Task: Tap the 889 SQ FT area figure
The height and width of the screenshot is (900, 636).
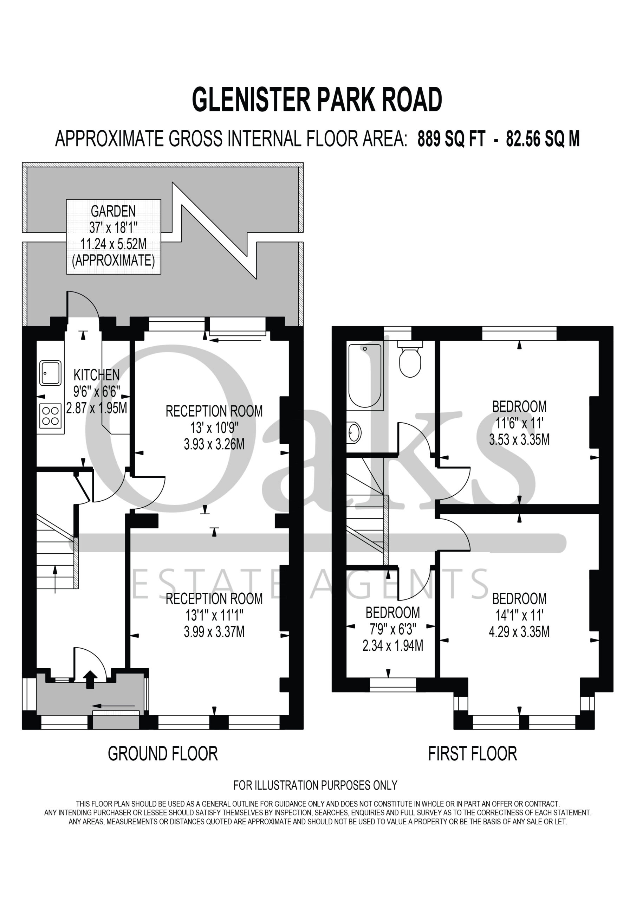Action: [452, 139]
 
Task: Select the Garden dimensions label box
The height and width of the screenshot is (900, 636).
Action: [113, 236]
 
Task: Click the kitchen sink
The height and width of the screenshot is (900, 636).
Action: [50, 373]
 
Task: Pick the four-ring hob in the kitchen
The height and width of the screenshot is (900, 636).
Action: [51, 416]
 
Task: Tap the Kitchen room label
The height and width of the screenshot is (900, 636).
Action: [96, 375]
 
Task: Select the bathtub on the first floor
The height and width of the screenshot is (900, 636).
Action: [365, 376]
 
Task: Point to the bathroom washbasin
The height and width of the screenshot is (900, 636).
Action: [354, 433]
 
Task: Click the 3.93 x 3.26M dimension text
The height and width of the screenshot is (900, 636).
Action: [214, 444]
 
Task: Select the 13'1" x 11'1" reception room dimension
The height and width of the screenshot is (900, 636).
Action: [214, 616]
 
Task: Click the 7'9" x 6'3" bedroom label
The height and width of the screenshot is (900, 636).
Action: [392, 629]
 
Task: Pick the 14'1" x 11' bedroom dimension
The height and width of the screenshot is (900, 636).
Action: [519, 616]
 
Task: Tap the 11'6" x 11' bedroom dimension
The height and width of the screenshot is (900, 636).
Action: [519, 423]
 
